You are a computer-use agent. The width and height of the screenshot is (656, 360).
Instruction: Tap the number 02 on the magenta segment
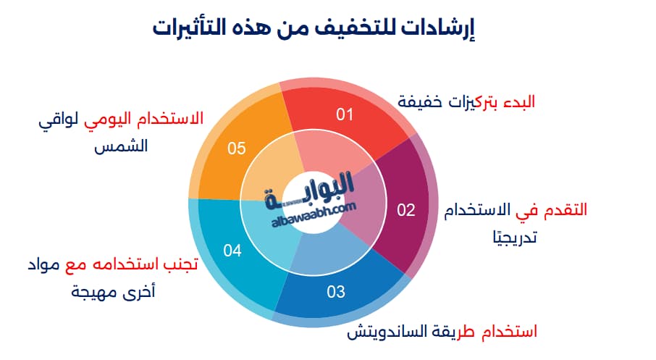click(x=406, y=210)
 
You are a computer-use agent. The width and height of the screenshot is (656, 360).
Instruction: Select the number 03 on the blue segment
click(x=336, y=293)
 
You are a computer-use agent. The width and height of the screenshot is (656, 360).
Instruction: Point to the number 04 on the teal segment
click(x=232, y=251)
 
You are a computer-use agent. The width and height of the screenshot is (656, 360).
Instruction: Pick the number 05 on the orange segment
click(x=237, y=148)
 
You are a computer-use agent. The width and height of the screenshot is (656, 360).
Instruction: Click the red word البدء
click(x=516, y=101)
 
